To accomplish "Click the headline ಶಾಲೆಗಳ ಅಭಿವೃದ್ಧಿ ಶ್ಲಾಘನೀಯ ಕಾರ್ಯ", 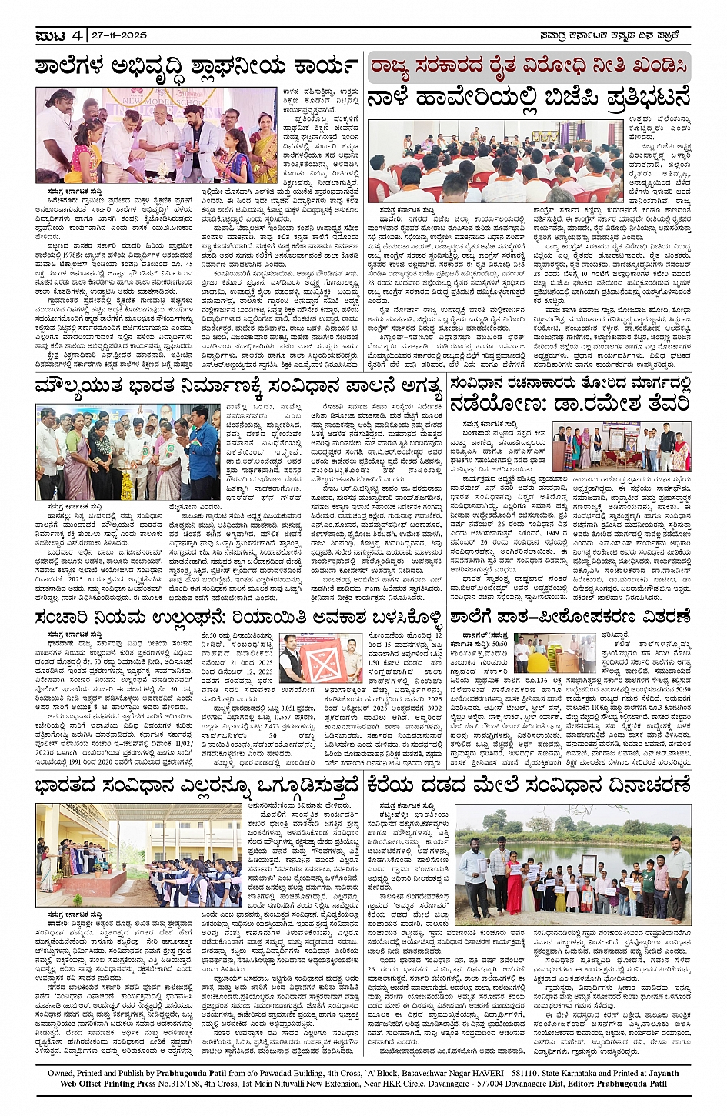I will pos(197,67).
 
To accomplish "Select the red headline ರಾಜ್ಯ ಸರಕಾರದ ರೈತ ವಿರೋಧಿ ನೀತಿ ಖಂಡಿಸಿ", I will pos(529,67).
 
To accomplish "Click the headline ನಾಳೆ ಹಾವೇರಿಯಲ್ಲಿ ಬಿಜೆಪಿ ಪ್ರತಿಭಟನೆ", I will pos(529,98).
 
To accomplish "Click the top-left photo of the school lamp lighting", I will pos(156,135).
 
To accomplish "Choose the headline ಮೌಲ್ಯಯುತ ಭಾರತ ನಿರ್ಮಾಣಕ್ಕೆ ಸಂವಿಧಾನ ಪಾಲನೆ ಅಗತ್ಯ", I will pos(238,386).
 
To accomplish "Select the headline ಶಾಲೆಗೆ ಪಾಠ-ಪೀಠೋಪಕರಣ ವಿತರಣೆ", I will pos(570,617).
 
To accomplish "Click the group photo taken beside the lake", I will pos(575,861).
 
